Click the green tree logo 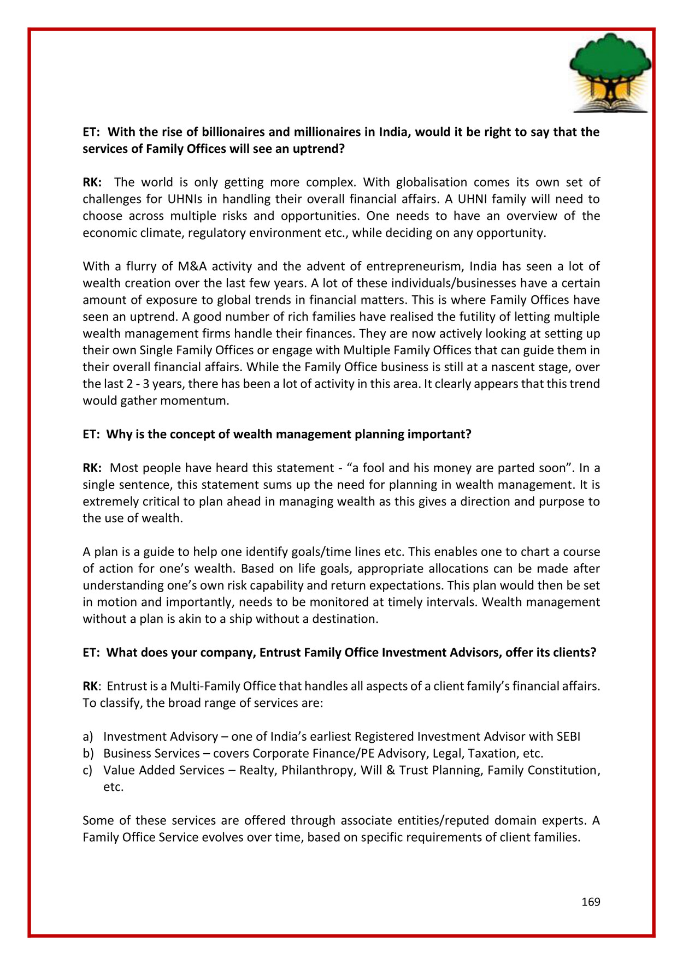coord(610,73)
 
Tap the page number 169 coord(591,902)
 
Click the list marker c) coord(87,771)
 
